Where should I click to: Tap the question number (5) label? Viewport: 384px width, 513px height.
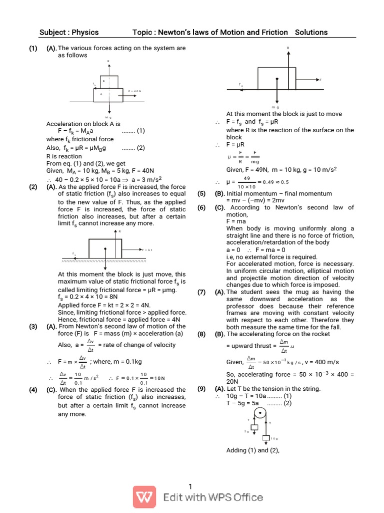(201, 193)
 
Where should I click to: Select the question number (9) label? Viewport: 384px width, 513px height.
(201, 388)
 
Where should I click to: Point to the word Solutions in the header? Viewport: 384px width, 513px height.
(311, 33)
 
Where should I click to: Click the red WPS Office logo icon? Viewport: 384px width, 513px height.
(145, 497)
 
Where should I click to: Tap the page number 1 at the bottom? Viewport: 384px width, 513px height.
(190, 486)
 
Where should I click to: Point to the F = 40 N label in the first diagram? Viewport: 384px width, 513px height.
(135, 91)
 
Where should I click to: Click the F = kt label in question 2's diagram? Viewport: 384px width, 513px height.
(147, 249)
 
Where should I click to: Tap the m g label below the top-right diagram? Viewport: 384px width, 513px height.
(275, 107)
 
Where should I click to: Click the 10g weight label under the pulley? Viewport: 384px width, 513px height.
(274, 438)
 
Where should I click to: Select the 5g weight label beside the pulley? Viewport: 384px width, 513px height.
(246, 431)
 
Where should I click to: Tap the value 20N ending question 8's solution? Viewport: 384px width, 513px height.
(233, 381)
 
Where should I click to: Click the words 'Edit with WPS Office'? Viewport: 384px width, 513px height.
(213, 497)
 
